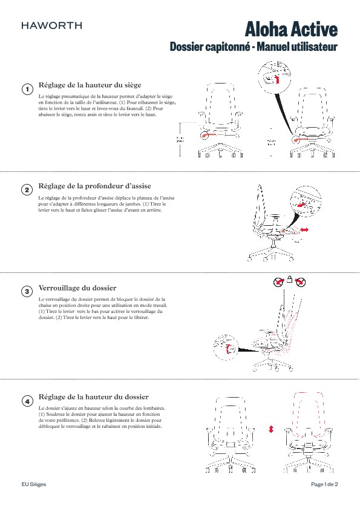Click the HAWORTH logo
[51, 25]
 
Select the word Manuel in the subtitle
[272, 47]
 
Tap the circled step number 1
[27, 90]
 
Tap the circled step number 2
[27, 190]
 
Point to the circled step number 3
[27, 292]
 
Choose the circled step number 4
[27, 401]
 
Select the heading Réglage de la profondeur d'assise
[94, 185]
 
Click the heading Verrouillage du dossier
[77, 287]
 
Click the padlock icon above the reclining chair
[290, 280]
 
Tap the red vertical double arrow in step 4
[271, 428]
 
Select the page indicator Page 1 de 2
[324, 485]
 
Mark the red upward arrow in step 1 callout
[277, 79]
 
